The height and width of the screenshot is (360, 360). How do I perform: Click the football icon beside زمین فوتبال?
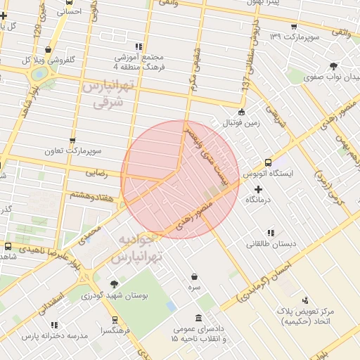pos(242,112)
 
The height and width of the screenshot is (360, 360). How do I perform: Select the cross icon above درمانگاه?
pos(259,189)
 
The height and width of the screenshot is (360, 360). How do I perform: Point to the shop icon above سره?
pos(194,276)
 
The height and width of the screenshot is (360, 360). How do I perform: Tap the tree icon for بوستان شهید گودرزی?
pos(114,284)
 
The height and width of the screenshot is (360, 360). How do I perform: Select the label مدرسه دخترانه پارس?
pos(53,336)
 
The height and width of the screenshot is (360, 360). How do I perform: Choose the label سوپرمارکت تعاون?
pos(73,151)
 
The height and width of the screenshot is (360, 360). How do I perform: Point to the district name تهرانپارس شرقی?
pos(108,94)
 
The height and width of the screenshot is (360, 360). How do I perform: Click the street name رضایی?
pos(96,172)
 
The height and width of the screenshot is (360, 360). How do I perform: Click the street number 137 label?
pos(245,82)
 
